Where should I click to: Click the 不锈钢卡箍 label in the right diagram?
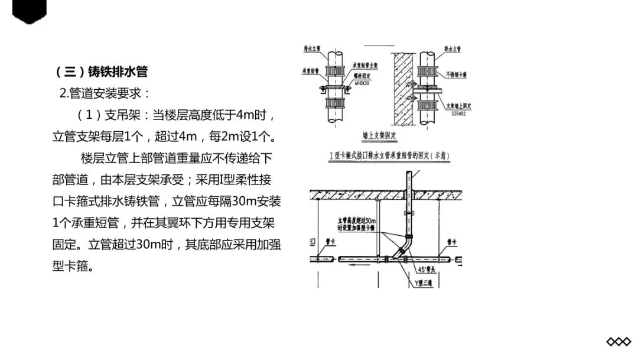click(x=457, y=74)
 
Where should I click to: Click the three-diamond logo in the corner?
click(x=619, y=342)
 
